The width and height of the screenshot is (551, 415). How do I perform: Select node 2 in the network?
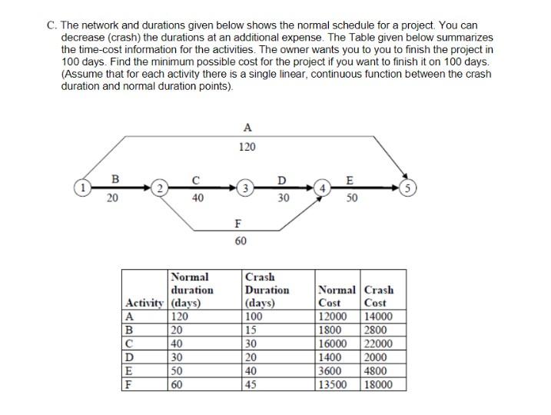[x=158, y=188]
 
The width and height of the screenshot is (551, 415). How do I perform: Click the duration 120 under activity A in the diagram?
[x=247, y=147]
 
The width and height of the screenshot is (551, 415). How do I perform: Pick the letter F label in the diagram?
[x=238, y=224]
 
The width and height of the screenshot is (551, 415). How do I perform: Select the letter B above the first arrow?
[x=115, y=178]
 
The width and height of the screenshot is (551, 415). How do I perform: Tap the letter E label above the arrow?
[x=350, y=181]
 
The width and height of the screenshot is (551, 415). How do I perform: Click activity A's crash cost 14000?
[x=379, y=315]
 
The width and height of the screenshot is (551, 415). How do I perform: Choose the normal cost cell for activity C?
[x=334, y=343]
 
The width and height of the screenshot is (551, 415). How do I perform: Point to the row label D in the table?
[x=129, y=357]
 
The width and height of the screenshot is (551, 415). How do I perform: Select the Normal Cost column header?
[x=337, y=297]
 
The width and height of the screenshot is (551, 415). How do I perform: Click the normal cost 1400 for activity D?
[x=330, y=357]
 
